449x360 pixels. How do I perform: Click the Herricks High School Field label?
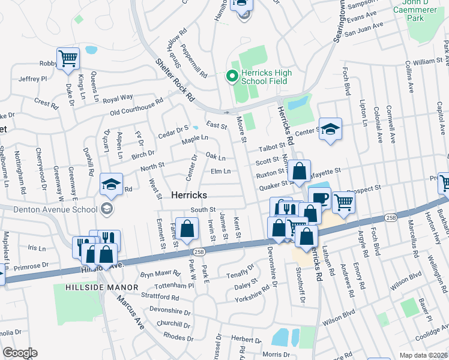point(266,77)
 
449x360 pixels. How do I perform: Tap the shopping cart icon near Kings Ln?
point(68,59)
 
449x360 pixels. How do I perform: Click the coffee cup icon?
point(319,197)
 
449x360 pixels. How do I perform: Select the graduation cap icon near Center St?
point(330,129)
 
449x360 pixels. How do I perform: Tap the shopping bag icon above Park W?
point(187,228)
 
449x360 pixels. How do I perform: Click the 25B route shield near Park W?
point(199,252)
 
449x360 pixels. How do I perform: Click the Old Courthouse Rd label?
point(137,106)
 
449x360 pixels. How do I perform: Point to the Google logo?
point(20,353)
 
